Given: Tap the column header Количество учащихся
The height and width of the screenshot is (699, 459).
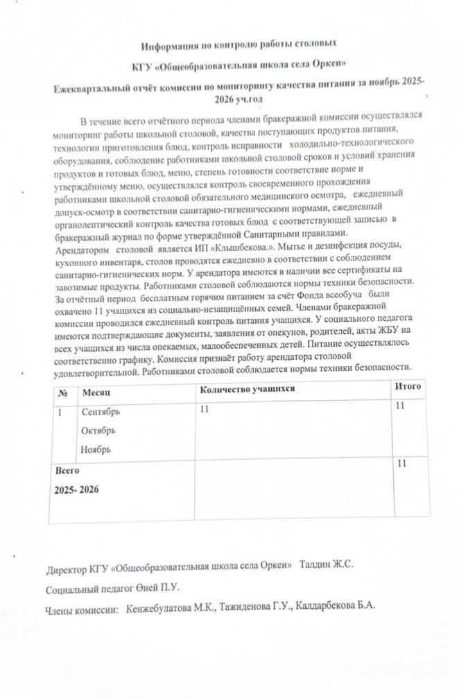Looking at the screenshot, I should click(248, 389).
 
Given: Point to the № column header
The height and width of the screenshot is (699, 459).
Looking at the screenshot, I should click(63, 392).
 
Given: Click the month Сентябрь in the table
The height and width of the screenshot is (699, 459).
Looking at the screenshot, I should click(101, 412).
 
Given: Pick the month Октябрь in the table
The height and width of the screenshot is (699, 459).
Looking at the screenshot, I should click(98, 431).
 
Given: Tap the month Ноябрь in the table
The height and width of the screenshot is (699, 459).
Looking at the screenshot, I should click(96, 449).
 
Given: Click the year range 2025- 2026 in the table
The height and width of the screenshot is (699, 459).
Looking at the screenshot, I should click(77, 490).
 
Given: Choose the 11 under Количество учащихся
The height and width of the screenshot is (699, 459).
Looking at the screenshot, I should click(204, 409).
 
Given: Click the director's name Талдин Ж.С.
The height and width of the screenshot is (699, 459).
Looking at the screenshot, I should click(327, 564).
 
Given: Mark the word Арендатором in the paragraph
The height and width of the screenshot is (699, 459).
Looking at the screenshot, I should click(83, 248).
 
